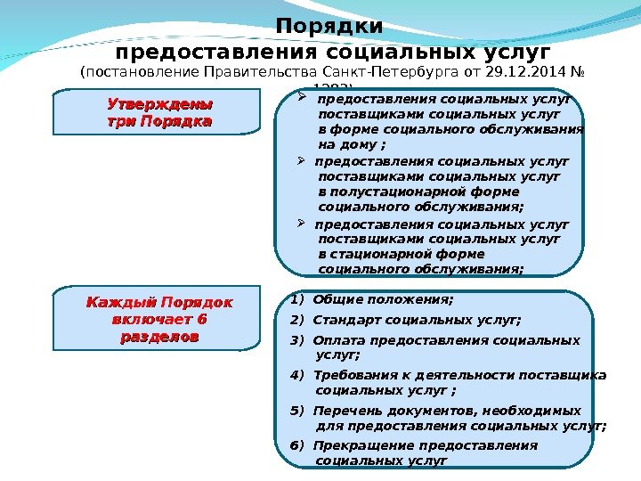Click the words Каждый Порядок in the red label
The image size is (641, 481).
point(158,303)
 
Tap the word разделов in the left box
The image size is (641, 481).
point(158,338)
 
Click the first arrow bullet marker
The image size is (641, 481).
point(303,100)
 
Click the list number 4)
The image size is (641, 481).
point(297,375)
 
